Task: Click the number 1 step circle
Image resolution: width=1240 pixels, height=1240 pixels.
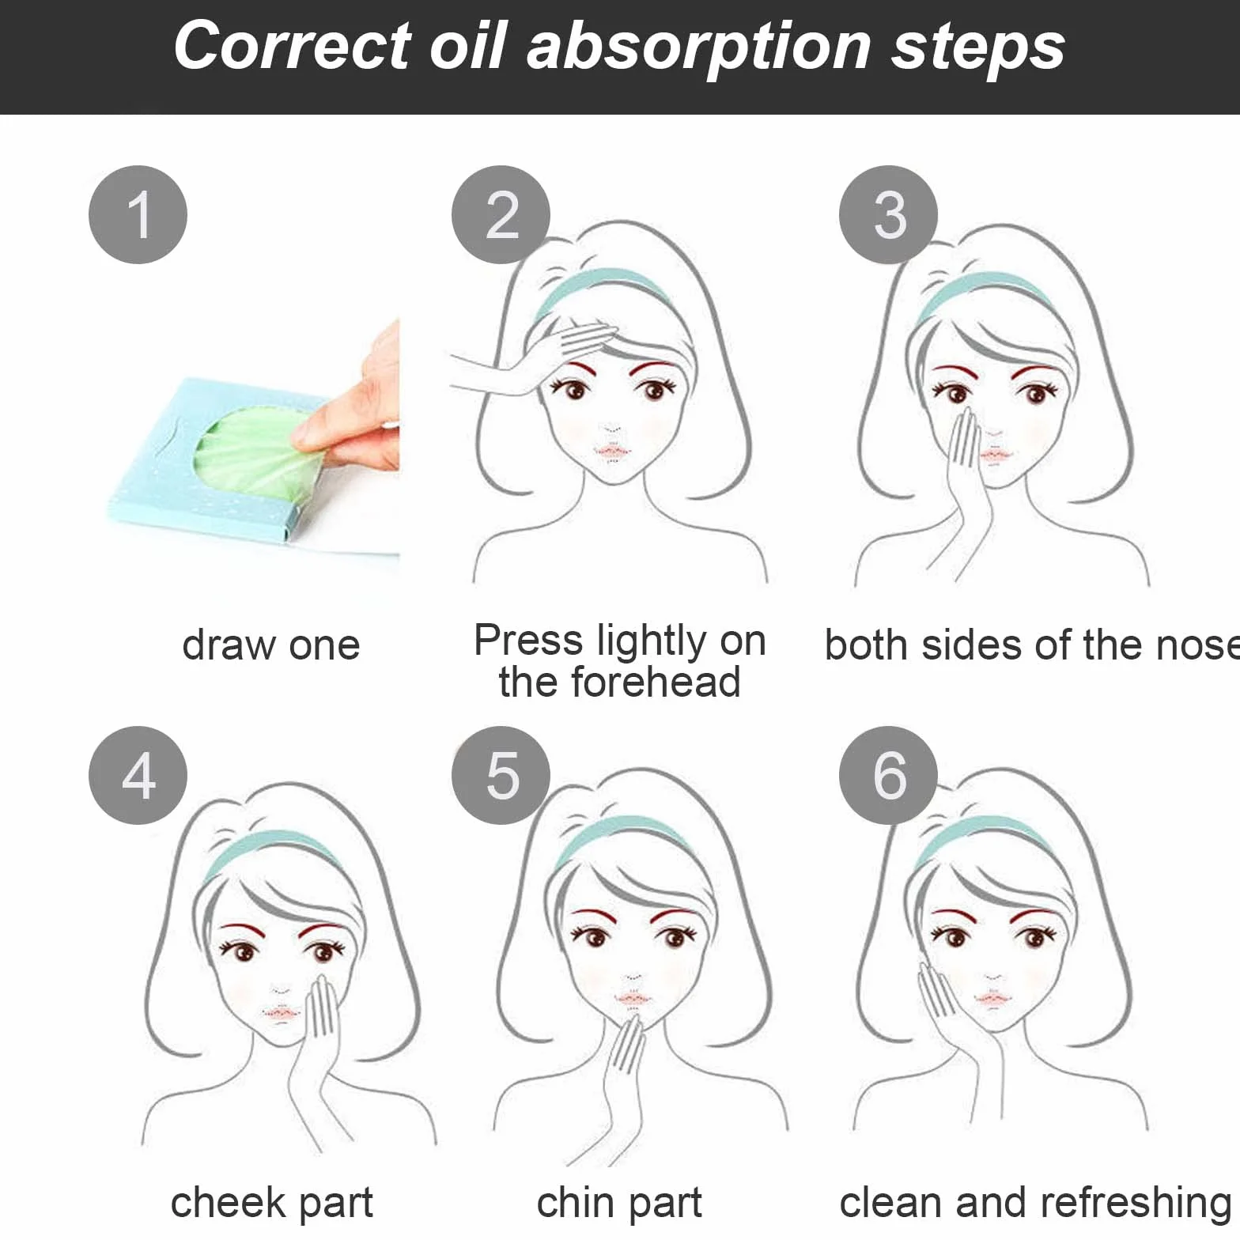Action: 138,214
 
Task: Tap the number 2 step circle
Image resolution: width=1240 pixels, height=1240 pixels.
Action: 501,214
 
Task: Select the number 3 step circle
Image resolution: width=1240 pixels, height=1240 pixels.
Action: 888,214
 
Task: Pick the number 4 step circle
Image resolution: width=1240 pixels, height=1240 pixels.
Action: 138,775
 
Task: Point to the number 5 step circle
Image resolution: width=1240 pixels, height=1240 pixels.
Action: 501,775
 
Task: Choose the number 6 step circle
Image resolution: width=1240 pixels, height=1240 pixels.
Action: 888,775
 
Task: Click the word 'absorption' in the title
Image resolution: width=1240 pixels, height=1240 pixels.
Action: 699,47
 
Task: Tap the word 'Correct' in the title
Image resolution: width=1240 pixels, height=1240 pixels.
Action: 291,46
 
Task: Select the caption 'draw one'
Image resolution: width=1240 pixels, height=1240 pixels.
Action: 271,645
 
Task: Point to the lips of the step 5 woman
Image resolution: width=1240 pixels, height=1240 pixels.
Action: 632,1000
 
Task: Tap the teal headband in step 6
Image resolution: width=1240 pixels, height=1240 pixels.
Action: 983,838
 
